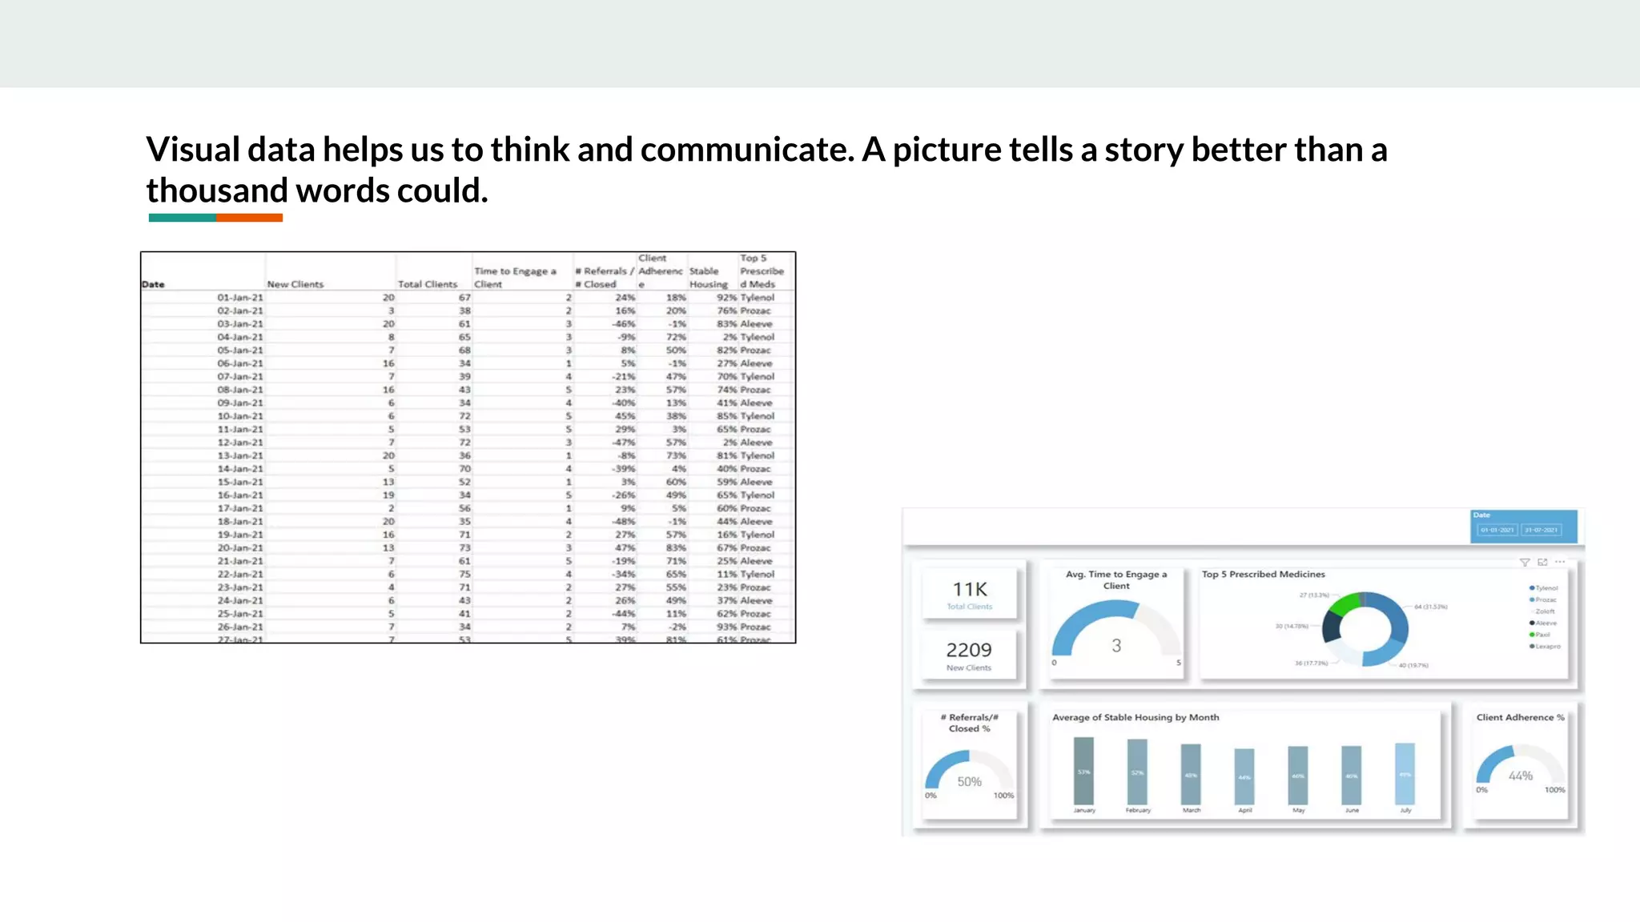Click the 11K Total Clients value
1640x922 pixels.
point(970,590)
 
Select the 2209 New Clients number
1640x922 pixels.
point(969,650)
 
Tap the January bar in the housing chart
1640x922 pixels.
point(1083,772)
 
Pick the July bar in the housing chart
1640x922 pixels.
point(1405,773)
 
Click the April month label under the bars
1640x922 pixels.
point(1244,811)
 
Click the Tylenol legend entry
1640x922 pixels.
point(1545,588)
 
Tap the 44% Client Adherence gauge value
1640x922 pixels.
point(1520,776)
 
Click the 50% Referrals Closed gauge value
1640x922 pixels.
point(969,782)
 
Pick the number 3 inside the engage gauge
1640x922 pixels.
point(1116,646)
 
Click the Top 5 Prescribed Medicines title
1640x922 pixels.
point(1263,575)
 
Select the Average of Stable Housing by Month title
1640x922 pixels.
point(1136,718)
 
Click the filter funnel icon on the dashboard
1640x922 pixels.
point(1524,563)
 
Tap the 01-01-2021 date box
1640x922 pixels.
point(1497,530)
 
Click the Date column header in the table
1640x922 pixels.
point(153,284)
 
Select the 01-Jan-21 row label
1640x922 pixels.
point(239,298)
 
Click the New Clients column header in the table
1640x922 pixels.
point(295,284)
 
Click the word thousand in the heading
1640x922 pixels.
point(216,191)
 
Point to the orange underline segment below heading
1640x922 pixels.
point(249,218)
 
